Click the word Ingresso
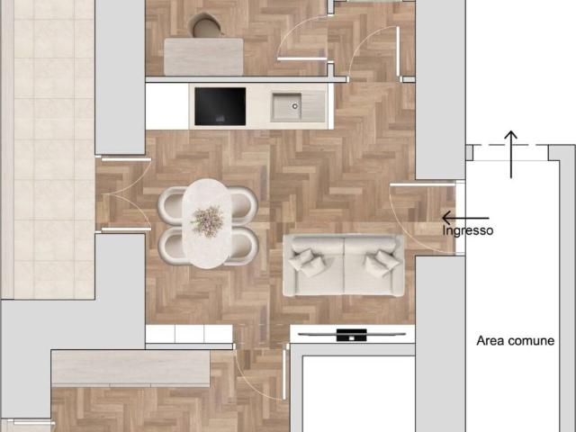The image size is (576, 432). tap(468, 231)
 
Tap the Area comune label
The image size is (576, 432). tap(516, 340)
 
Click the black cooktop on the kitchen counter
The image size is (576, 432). tap(220, 106)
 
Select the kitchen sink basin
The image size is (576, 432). tap(286, 106)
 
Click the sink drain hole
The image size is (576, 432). tap(294, 106)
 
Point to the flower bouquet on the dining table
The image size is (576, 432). tap(207, 220)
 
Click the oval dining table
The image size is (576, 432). tap(207, 223)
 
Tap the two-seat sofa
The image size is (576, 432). tap(344, 265)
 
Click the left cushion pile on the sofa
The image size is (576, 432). tap(307, 262)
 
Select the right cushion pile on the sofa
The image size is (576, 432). tap(382, 262)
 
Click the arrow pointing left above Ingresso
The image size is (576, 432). tap(465, 218)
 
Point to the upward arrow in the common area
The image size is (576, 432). tap(510, 154)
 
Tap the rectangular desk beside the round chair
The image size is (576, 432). tap(203, 57)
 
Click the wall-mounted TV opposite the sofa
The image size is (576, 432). tap(352, 335)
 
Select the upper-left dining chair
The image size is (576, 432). tap(171, 205)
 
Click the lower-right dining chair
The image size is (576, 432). tap(243, 247)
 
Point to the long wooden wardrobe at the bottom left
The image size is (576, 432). tap(130, 368)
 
